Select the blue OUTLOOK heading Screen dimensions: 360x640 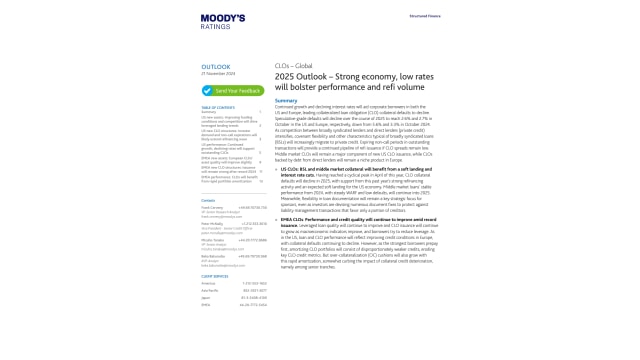click(x=215, y=67)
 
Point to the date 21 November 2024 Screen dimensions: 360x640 click(x=217, y=74)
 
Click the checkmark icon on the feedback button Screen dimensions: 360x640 click(x=207, y=90)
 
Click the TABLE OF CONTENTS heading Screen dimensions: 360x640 click(x=218, y=107)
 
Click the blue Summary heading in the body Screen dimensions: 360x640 click(x=286, y=100)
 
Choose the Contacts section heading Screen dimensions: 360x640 click(x=208, y=200)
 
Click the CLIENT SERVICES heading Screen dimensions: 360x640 click(x=214, y=275)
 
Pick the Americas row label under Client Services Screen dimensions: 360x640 click(x=208, y=283)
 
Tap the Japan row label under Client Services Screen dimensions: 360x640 click(x=206, y=297)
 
